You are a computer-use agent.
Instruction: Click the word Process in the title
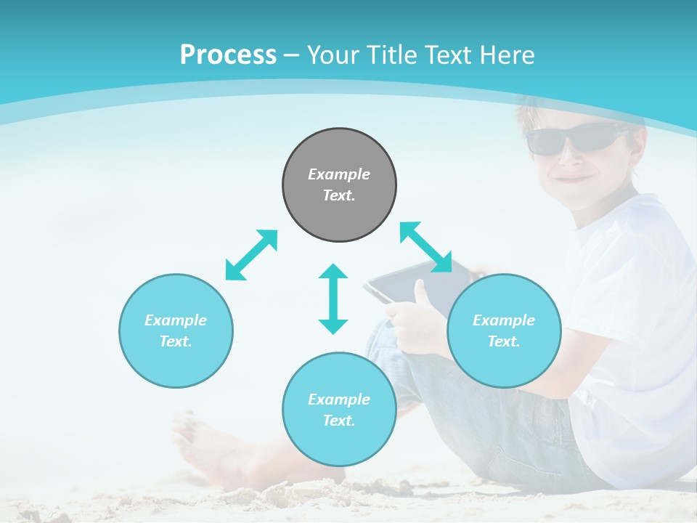point(228,54)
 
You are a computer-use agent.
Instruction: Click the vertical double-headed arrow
point(333,299)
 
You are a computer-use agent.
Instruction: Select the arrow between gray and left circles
point(251,255)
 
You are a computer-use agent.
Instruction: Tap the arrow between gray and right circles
point(425,247)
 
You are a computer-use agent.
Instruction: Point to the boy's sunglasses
point(574,138)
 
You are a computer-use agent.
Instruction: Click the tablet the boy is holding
point(407,287)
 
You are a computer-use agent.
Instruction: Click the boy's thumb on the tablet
point(420,292)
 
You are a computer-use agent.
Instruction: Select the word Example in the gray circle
point(339,174)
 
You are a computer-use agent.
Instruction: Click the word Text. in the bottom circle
point(339,421)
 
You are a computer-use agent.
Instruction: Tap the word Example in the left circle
point(176,320)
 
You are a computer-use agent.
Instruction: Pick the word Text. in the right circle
point(504,341)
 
